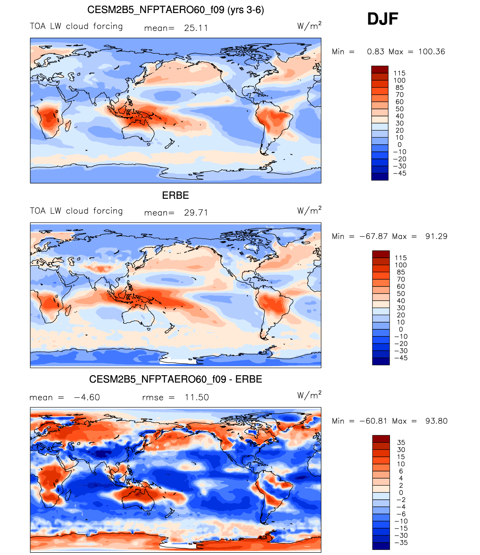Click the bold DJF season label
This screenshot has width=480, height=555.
[383, 19]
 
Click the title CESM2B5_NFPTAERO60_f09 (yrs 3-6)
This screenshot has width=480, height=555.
[176, 10]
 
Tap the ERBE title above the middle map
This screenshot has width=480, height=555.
[175, 195]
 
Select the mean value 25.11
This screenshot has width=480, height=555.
[196, 28]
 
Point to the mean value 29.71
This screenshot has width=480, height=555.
[196, 213]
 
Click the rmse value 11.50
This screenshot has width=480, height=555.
[196, 397]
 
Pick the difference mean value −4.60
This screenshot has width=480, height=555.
[87, 397]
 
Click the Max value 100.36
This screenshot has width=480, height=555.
[431, 51]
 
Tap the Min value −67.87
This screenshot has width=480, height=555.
[374, 236]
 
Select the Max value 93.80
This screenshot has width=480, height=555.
[436, 421]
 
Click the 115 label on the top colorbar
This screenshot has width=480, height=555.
[399, 73]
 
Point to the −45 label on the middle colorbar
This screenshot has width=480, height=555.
[401, 358]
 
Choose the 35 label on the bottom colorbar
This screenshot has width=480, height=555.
[401, 442]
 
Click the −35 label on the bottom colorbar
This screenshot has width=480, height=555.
[401, 543]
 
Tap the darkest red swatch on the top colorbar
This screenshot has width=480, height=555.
[380, 69]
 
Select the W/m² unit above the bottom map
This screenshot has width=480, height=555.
[309, 395]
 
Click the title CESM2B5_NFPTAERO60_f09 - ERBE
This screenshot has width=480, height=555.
[176, 379]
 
